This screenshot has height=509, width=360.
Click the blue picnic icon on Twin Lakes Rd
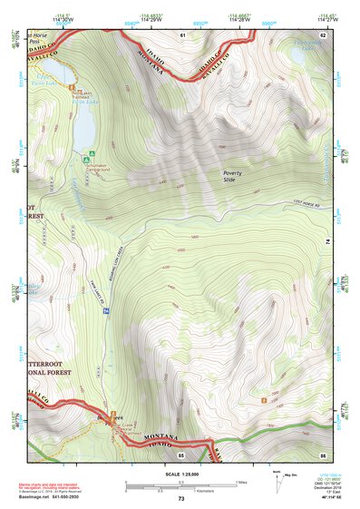(106, 311)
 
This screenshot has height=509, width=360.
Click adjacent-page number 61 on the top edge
(181, 34)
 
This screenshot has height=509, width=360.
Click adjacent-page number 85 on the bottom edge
(181, 453)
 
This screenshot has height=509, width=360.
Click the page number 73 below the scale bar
(181, 499)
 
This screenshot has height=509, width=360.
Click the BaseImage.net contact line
(52, 499)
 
